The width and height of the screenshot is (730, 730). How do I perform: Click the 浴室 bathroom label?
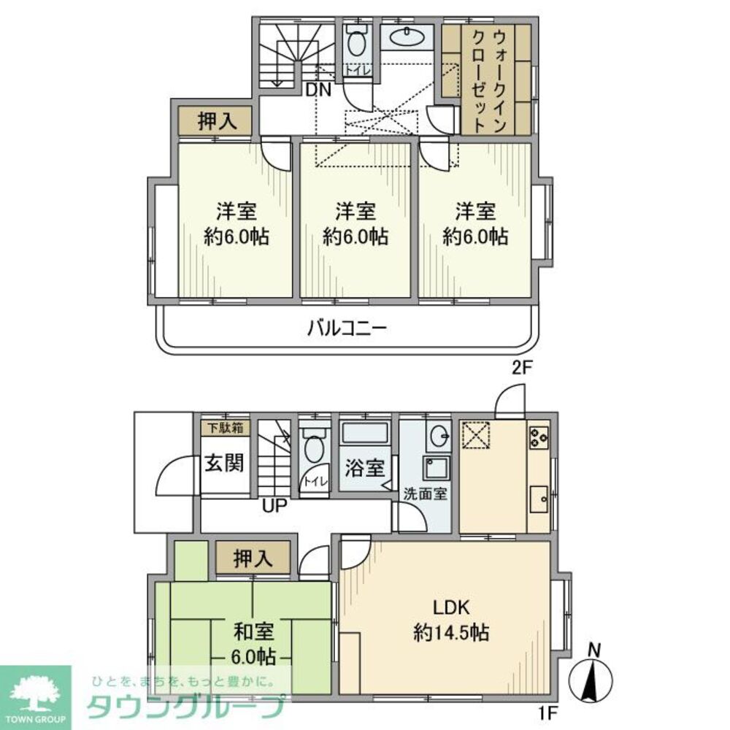[x=364, y=468]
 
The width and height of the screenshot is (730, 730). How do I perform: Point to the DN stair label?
[x=319, y=91]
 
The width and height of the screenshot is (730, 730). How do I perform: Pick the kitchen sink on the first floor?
[x=540, y=499]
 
